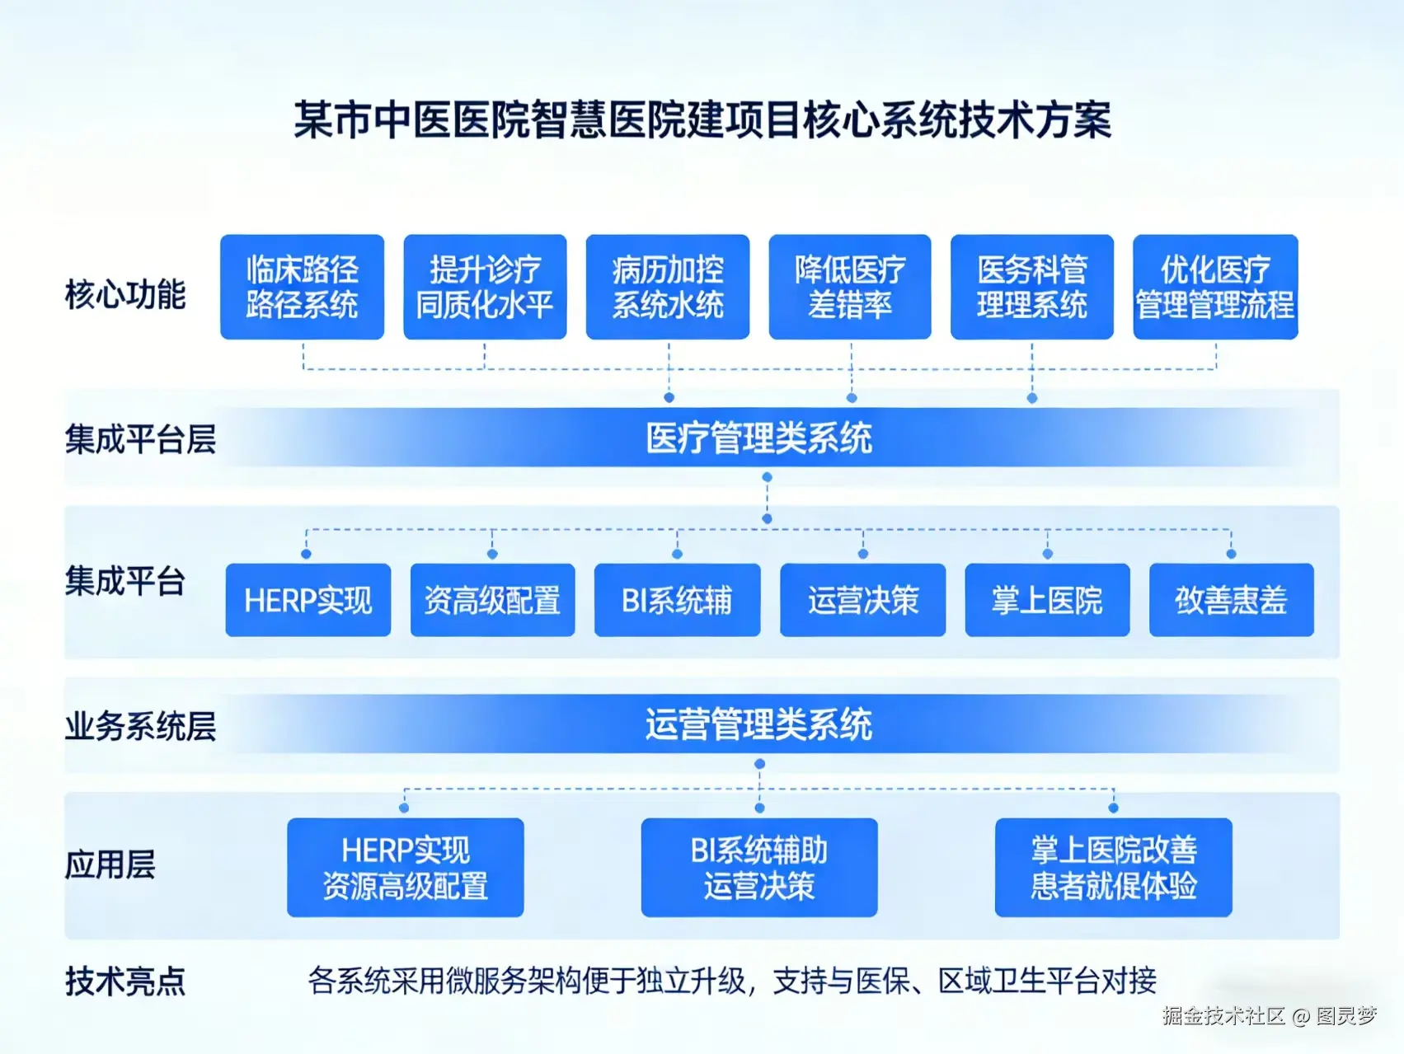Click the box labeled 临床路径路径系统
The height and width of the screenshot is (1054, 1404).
(302, 287)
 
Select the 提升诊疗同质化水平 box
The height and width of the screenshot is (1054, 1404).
(485, 287)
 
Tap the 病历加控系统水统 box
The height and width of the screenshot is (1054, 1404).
(668, 287)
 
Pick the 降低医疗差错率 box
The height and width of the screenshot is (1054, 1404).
(850, 287)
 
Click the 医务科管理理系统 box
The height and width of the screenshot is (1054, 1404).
(1032, 287)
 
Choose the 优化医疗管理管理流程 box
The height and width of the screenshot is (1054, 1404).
(1215, 287)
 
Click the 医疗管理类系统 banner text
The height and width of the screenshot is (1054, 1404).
(758, 438)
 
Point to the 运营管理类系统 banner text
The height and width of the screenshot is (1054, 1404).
(758, 724)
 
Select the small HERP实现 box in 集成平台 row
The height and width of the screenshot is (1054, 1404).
(308, 600)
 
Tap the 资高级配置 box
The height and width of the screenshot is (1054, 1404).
(492, 600)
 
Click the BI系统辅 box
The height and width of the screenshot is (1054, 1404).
(677, 600)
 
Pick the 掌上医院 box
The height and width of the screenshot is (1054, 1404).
(1047, 600)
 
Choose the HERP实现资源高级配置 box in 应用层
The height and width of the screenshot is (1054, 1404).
(405, 867)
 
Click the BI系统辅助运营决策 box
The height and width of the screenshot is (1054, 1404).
(758, 867)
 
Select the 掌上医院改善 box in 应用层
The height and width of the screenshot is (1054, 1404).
(1113, 867)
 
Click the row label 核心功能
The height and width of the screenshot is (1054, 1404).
(125, 294)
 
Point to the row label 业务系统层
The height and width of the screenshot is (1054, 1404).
(140, 726)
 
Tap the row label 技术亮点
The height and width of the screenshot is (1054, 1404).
(125, 981)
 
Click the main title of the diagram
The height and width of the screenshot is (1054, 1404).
(702, 120)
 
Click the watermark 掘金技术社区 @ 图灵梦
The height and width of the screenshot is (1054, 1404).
(1270, 1016)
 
